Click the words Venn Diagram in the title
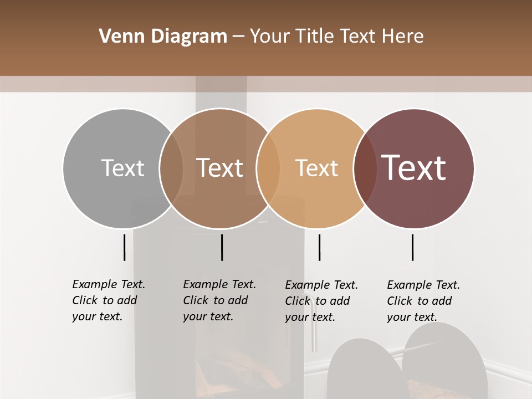tap(163, 37)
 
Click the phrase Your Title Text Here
tap(336, 37)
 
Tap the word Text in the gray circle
tap(122, 168)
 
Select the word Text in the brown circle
tap(219, 168)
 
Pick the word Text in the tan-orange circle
tap(316, 168)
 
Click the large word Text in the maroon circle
tap(414, 168)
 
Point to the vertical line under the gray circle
tap(124, 247)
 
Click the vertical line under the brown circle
tap(222, 247)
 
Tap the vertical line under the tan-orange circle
tap(319, 247)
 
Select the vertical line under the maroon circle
tap(412, 247)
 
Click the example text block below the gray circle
tap(109, 300)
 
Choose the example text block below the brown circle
tap(219, 300)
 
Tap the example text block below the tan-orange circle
tap(321, 301)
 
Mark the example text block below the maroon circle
tap(423, 301)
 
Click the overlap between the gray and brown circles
tap(171, 168)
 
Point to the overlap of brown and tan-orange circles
tap(268, 168)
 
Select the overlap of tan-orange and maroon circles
tap(365, 168)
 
